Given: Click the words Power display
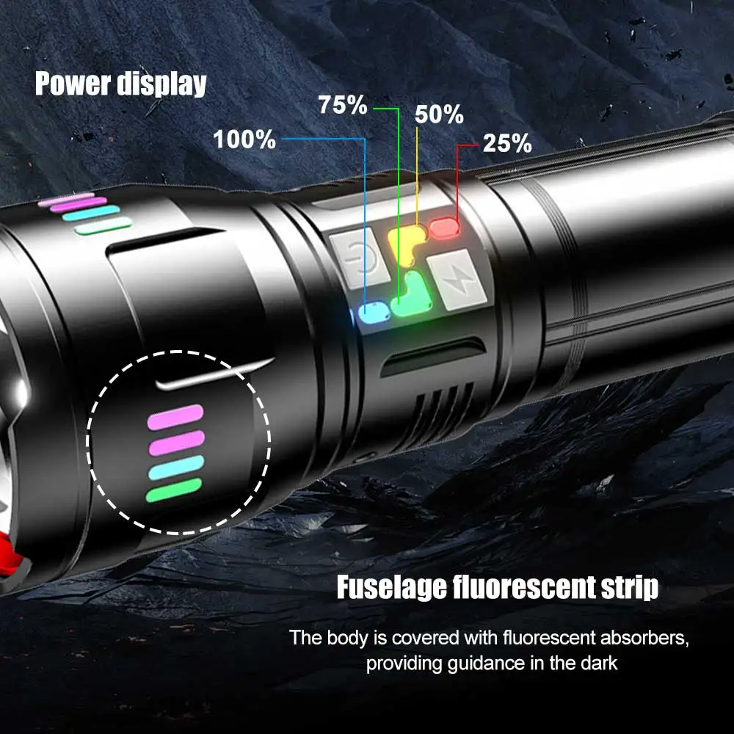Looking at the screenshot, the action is [x=120, y=84].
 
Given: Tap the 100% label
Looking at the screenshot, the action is [x=244, y=139].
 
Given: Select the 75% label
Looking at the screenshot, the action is [x=342, y=105].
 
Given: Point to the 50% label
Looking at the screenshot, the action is [x=439, y=115].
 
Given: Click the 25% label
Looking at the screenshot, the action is [x=507, y=144].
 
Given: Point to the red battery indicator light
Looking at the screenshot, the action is [x=443, y=228].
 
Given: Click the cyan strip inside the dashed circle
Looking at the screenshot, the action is [x=176, y=468].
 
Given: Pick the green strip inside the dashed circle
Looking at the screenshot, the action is [x=174, y=490].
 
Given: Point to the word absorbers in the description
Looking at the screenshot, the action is [x=650, y=636].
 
